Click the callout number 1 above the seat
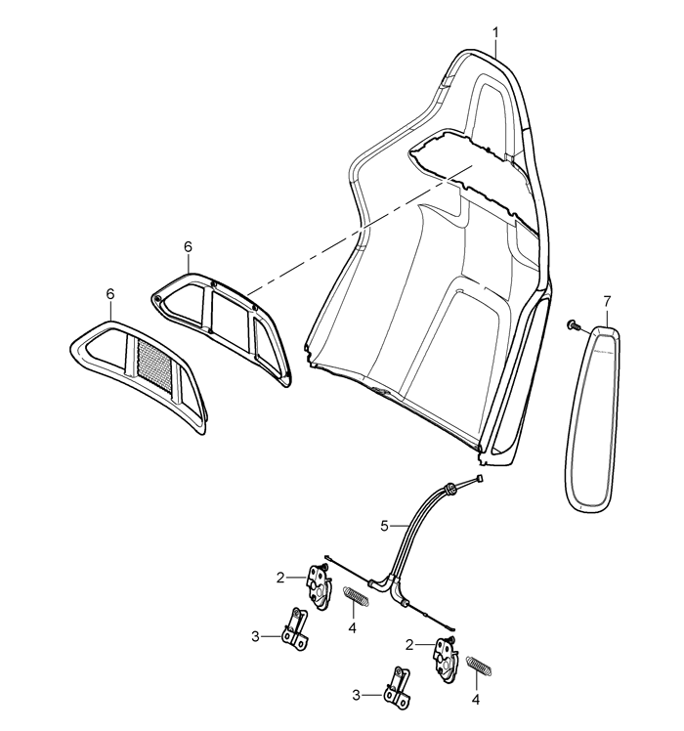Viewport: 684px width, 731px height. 495,32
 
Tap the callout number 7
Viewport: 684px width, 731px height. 607,302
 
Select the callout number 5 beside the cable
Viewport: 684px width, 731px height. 384,527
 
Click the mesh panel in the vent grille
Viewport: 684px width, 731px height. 154,365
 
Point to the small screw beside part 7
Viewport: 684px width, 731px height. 572,325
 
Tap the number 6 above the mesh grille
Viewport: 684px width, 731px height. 110,294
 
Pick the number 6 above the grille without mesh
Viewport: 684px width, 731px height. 188,247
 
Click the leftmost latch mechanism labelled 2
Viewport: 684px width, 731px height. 319,586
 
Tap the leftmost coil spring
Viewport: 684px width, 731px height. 357,596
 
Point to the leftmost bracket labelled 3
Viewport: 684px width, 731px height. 295,629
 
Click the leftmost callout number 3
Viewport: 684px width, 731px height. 255,636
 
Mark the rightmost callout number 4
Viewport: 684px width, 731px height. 476,700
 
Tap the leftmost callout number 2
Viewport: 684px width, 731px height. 280,579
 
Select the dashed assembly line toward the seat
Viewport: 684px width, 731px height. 361,229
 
